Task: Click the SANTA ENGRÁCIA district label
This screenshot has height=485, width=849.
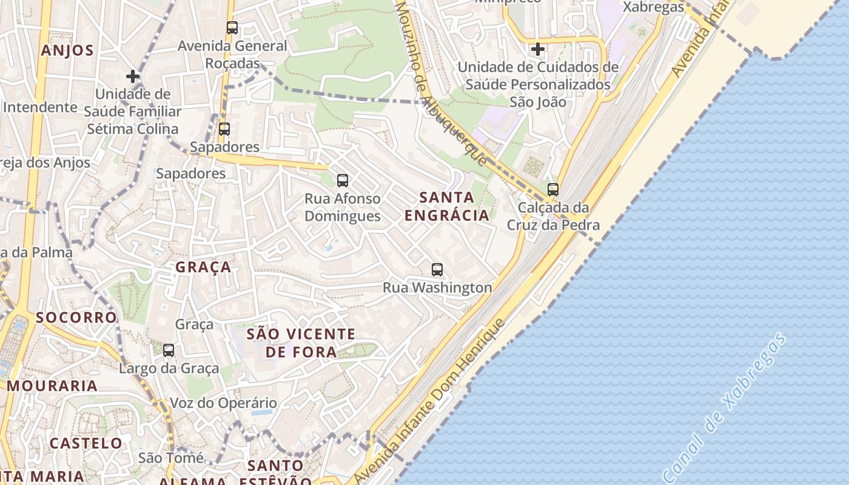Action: click(446, 206)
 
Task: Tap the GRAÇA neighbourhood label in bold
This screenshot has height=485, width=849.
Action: click(203, 267)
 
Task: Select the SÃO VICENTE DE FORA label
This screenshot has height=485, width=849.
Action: click(301, 343)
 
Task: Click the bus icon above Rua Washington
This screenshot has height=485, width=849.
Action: click(437, 270)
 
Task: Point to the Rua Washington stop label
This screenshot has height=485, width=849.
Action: click(437, 287)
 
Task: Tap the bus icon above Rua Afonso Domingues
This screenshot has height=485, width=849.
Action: click(343, 180)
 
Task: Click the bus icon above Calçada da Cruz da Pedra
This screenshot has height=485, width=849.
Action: click(552, 190)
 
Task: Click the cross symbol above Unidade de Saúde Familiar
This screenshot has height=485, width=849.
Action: click(133, 76)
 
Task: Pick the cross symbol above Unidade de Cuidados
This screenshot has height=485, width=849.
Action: click(537, 49)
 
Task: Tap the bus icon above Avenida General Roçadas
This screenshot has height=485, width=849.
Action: click(232, 27)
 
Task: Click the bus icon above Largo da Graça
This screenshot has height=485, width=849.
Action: click(169, 350)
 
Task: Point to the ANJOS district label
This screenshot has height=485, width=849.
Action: click(67, 50)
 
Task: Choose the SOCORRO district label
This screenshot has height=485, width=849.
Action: click(76, 317)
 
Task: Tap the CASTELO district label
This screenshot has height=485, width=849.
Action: click(86, 443)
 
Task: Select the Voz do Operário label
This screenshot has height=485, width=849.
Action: click(223, 403)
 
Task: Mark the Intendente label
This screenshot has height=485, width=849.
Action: click(40, 107)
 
